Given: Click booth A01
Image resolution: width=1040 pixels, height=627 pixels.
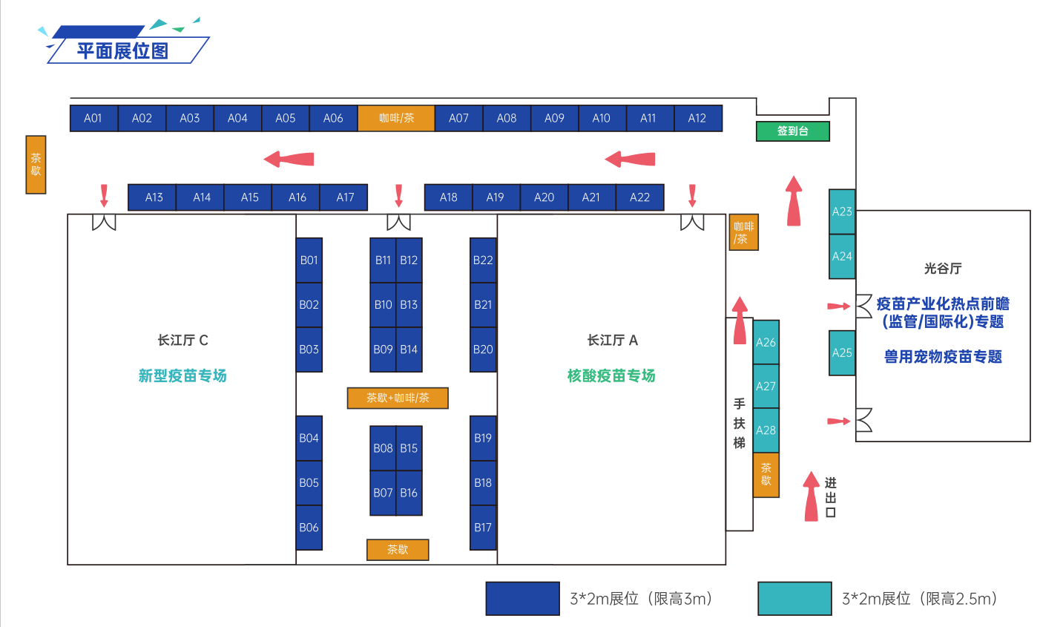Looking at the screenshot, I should (x=93, y=118).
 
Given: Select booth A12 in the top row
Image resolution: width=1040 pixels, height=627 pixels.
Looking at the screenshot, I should (x=697, y=118).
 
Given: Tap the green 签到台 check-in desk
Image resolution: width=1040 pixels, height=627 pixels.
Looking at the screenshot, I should (x=792, y=131).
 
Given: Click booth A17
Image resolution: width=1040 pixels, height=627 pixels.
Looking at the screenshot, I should (x=345, y=197).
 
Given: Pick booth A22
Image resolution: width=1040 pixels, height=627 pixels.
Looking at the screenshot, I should (x=639, y=197).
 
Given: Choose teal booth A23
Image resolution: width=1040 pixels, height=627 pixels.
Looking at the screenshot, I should (x=842, y=211).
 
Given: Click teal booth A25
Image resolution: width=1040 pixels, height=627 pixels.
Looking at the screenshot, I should (x=842, y=352).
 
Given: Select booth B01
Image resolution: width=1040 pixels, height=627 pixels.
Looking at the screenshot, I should (x=309, y=260).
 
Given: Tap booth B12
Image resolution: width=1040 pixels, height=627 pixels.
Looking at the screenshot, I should (x=409, y=260).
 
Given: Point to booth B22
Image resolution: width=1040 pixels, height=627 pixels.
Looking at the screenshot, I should (x=483, y=260).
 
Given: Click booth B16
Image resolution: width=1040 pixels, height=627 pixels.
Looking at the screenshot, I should (x=409, y=493).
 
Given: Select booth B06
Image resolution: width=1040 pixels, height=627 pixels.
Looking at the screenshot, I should (x=309, y=528).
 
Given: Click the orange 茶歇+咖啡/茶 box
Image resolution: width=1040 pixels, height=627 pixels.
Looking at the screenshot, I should (x=398, y=398).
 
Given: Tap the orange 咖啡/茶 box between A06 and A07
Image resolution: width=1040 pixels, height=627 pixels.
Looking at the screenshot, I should (x=396, y=118).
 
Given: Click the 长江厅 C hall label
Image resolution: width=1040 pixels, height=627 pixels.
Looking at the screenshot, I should (x=182, y=340).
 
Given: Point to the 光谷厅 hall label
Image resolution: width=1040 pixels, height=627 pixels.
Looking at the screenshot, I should (x=943, y=269).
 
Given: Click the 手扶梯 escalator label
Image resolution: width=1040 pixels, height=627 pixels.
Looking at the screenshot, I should (x=739, y=423).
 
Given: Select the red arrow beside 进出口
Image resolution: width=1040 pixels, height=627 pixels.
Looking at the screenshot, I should (x=812, y=496).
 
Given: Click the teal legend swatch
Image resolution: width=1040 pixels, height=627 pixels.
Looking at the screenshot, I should (x=794, y=599).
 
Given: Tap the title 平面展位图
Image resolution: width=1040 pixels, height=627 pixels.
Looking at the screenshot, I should (x=122, y=50).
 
